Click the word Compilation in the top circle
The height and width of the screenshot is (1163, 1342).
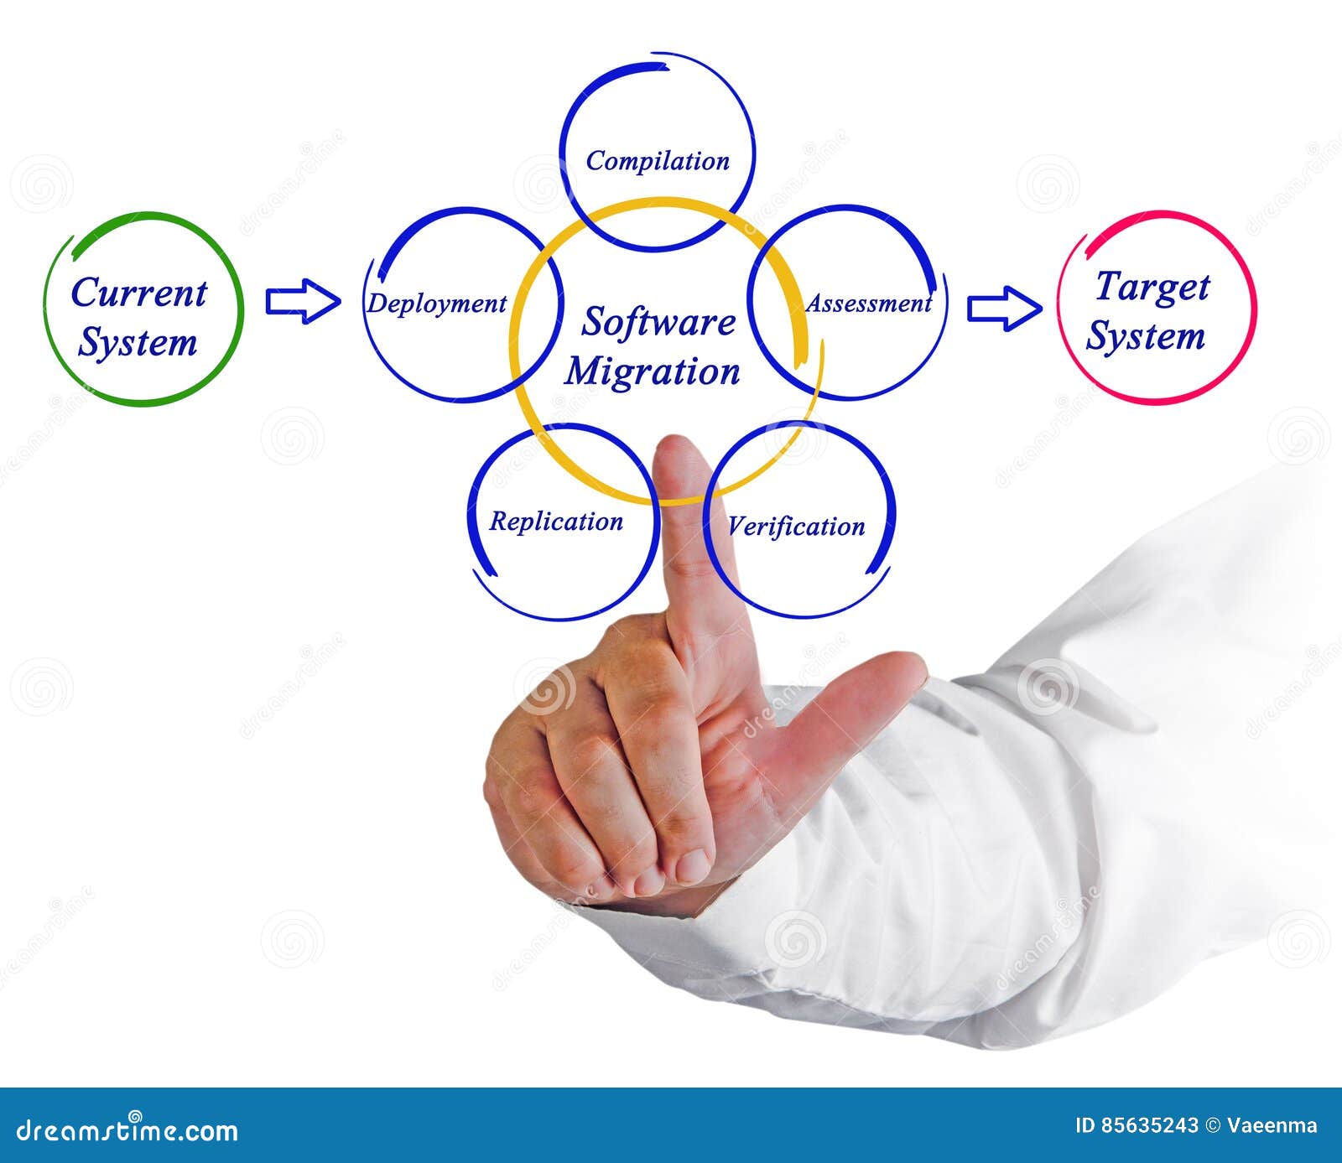click(658, 160)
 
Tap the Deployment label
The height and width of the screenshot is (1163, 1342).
click(436, 304)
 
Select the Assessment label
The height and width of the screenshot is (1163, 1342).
click(868, 304)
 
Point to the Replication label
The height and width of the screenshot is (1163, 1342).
click(555, 522)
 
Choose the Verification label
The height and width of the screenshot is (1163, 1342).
click(795, 527)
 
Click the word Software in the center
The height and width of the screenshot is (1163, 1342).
click(658, 322)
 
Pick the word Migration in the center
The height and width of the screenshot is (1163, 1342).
click(652, 371)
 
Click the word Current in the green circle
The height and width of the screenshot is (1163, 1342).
click(138, 293)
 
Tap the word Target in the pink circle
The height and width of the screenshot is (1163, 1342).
click(1152, 287)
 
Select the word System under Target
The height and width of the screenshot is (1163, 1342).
click(1146, 337)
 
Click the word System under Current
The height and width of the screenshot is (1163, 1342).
click(138, 343)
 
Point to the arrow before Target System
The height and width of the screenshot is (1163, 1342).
click(1004, 308)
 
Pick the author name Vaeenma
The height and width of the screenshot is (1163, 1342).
click(1281, 1125)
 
